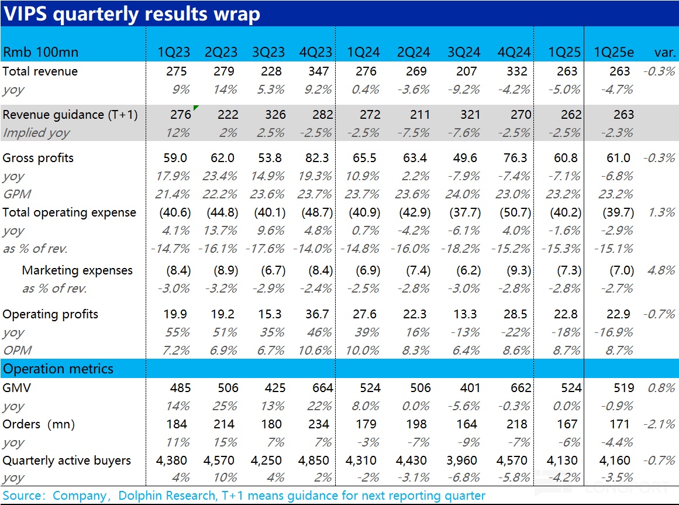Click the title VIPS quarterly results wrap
click(132, 13)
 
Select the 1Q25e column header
click(613, 52)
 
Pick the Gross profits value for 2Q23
click(221, 158)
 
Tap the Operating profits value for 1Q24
click(364, 314)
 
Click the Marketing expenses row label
click(77, 270)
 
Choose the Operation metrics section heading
click(58, 369)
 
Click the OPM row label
click(18, 351)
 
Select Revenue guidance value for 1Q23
click(180, 115)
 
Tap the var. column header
click(664, 52)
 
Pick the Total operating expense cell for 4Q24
click(515, 212)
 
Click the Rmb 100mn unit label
click(40, 52)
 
